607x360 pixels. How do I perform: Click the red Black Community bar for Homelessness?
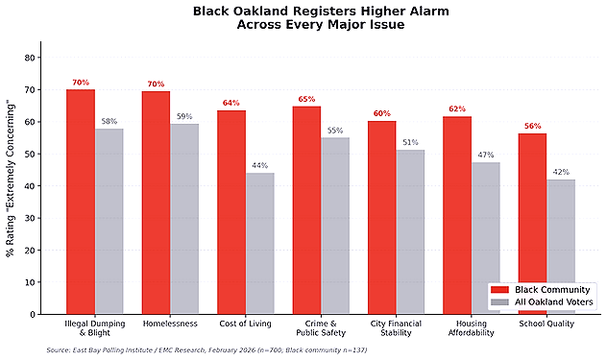[156, 203]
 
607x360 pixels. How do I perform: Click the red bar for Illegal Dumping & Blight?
[81, 202]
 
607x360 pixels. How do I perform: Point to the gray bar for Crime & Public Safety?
[335, 226]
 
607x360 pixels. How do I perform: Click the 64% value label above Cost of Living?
[231, 103]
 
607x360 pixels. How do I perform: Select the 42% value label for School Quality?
[561, 173]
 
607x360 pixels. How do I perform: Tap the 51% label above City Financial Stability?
[410, 143]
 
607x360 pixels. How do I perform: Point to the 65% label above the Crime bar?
[306, 99]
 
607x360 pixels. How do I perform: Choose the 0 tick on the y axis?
[33, 314]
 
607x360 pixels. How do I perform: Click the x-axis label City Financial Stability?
[396, 329]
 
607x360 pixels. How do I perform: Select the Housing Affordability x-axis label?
[471, 329]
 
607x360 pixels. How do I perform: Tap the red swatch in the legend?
[498, 289]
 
